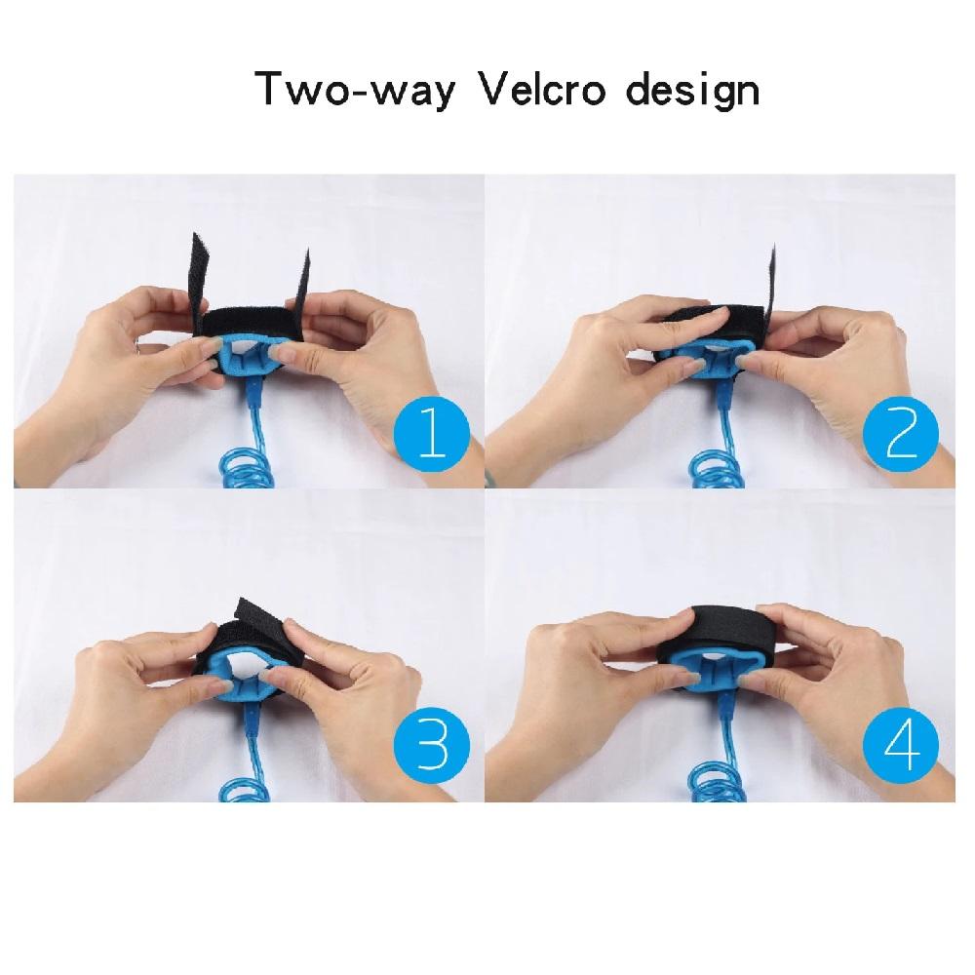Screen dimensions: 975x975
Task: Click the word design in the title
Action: (x=692, y=92)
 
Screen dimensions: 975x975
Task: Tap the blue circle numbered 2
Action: (x=901, y=434)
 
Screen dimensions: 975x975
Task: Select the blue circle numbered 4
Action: (x=901, y=747)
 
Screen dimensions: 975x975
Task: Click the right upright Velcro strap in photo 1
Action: (x=301, y=280)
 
